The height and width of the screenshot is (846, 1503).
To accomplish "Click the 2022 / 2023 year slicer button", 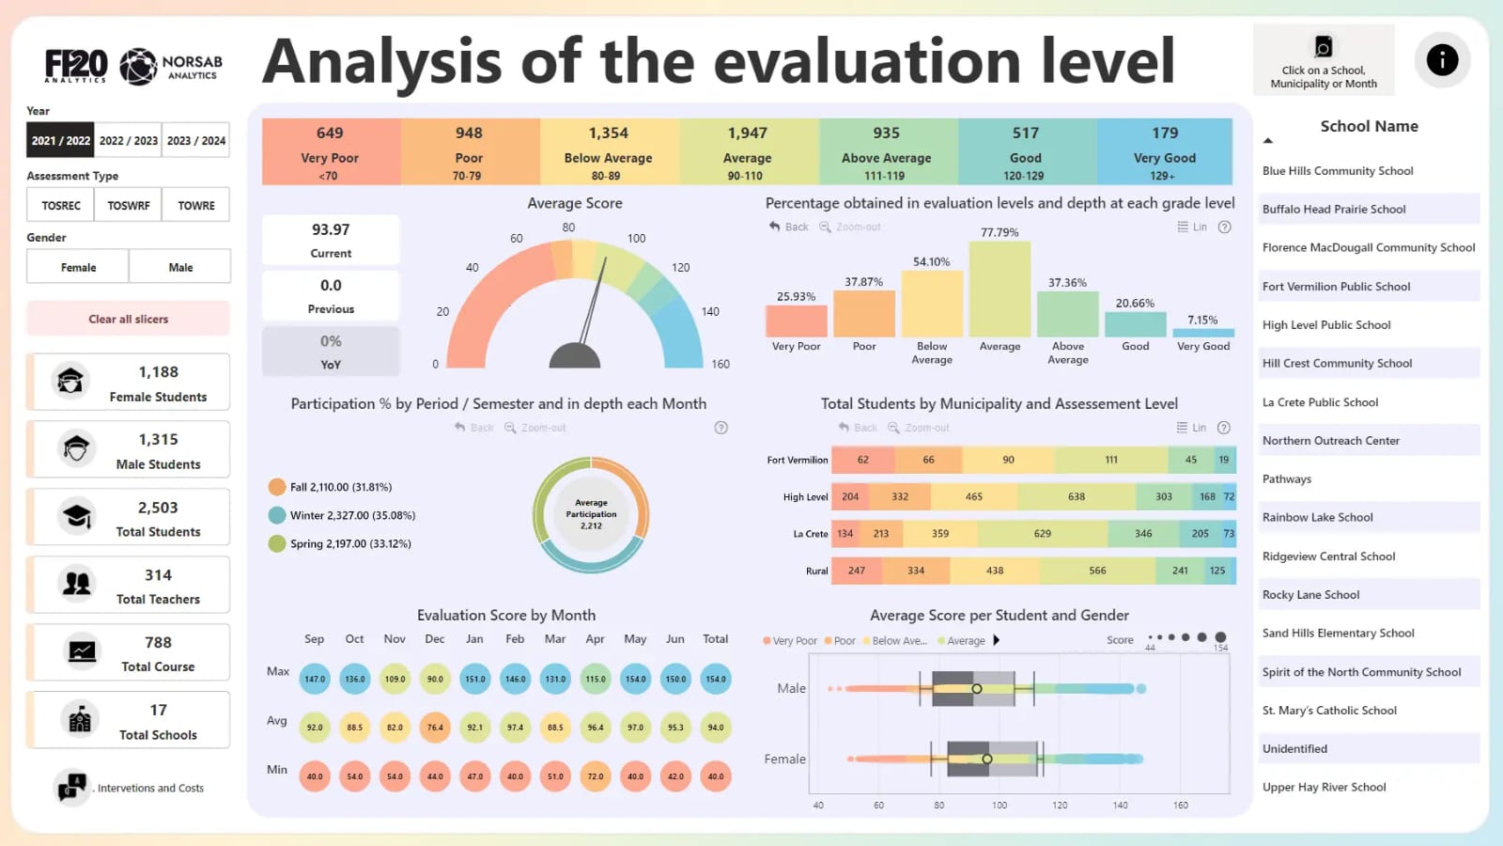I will pos(129,141).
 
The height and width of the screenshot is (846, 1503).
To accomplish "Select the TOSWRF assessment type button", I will pos(129,205).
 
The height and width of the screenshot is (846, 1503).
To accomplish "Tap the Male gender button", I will pos(180,267).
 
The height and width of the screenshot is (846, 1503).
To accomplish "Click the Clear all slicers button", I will pos(129,319).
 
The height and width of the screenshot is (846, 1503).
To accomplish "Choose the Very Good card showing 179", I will pos(1165,151).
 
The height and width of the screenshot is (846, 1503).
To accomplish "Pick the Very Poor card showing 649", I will pos(330,151).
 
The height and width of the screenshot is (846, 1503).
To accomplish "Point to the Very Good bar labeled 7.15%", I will pos(1203,332).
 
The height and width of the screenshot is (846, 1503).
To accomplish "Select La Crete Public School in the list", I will pos(1320,402).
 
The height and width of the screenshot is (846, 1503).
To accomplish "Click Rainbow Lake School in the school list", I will pos(1317,517).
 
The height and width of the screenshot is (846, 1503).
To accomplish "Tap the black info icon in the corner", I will pos(1442,60).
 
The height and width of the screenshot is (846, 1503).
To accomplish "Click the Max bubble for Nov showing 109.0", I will pos(395,679).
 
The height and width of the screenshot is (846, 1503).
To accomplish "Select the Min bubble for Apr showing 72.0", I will pos(596,776).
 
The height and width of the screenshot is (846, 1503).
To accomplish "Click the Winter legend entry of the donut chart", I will pos(352,515).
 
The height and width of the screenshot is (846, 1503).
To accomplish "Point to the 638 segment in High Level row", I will pos(1076,496).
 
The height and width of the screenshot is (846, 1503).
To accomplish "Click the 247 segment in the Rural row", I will pos(857,571).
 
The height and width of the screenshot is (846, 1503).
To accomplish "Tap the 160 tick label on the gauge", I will pos(721,364).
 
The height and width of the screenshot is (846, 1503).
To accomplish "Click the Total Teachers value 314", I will pos(158,575).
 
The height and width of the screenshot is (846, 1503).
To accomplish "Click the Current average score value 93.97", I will pos(331,229).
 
